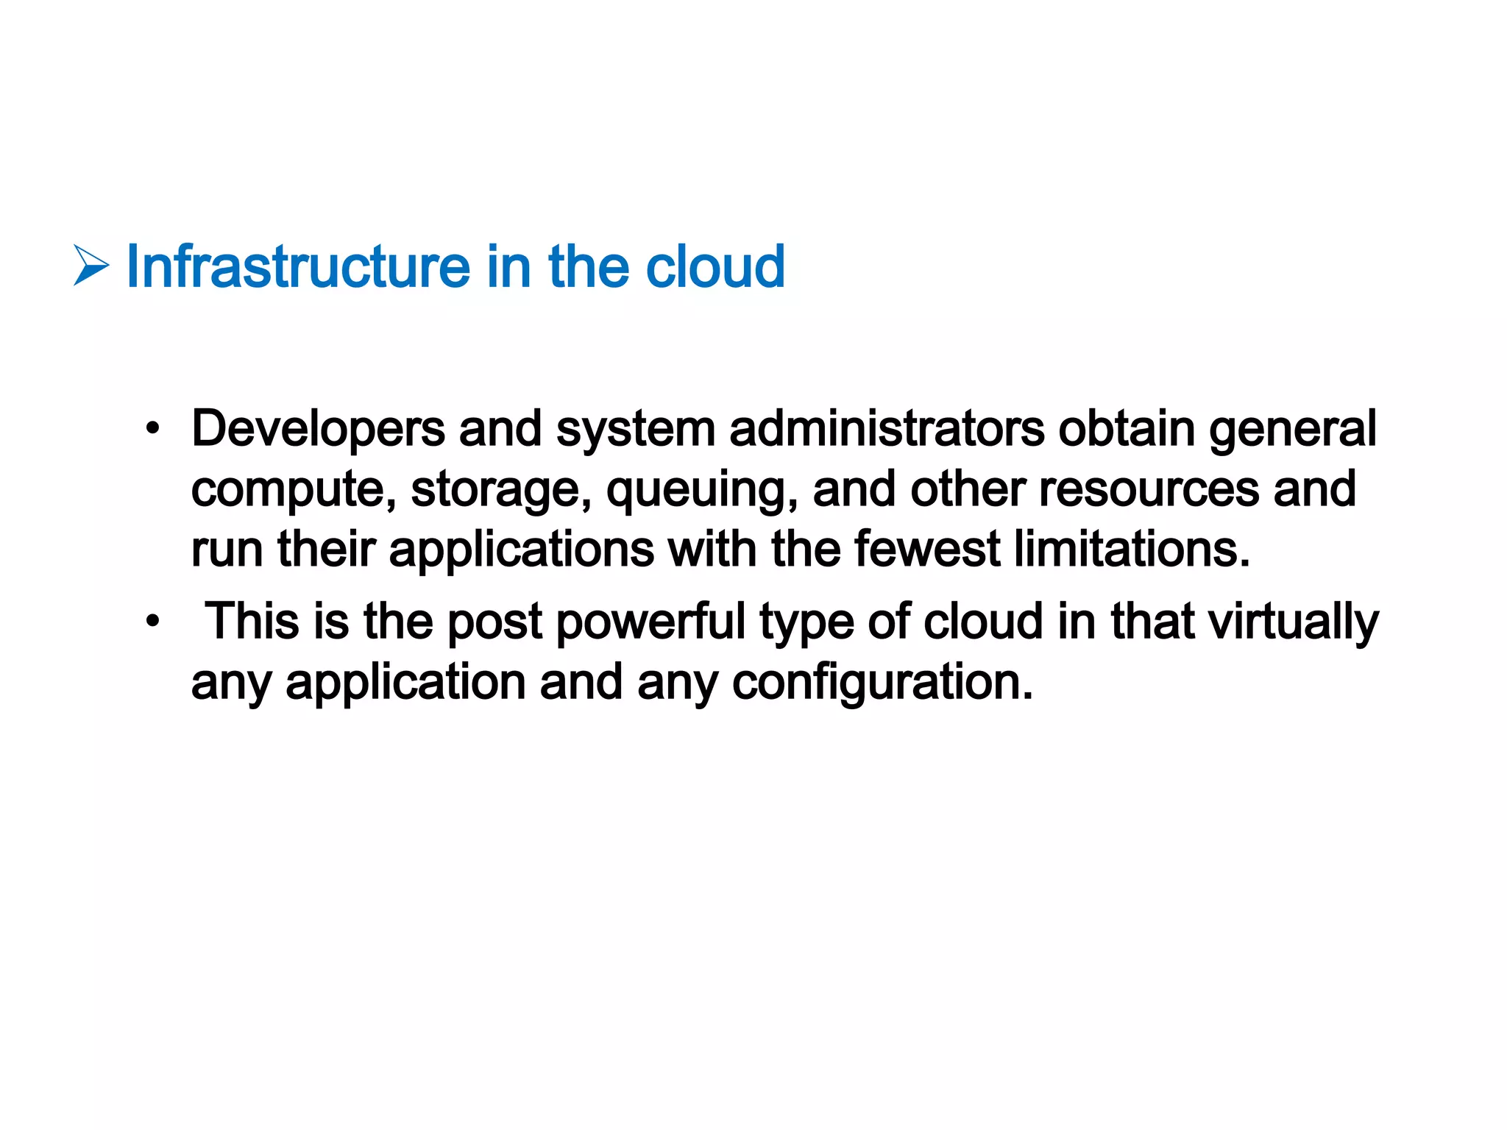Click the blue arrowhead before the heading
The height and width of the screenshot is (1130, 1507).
click(91, 266)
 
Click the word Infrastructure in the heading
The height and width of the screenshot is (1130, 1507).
click(298, 266)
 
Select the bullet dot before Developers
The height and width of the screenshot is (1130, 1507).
click(152, 428)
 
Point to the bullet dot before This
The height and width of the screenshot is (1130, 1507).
click(152, 622)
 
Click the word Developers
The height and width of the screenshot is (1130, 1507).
click(318, 428)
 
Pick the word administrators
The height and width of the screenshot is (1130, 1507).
click(887, 428)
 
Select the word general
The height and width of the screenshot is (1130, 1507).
click(1292, 428)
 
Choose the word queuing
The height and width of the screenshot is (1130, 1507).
click(702, 490)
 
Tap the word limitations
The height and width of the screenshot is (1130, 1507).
click(1132, 550)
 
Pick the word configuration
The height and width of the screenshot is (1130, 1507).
click(882, 683)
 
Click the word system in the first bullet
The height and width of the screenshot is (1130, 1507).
click(635, 430)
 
